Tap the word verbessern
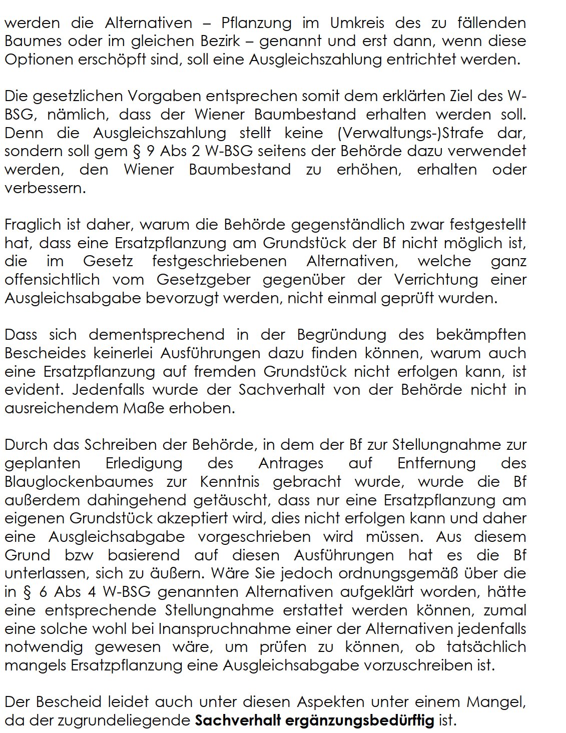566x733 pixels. pyautogui.click(x=44, y=189)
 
